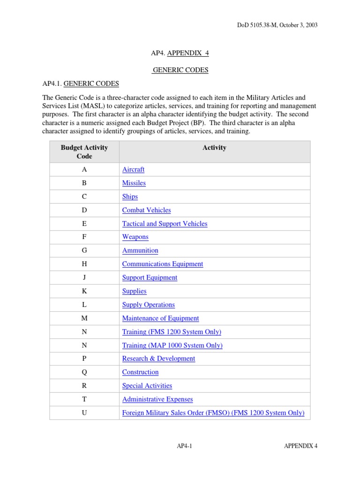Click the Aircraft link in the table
133,170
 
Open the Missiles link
134,183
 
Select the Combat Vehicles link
146,210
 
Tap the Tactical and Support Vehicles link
165,224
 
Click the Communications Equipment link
162,264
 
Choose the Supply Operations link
148,305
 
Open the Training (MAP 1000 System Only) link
172,345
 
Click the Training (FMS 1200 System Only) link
172,332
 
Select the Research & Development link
158,359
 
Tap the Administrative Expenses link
157,399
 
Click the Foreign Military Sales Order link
213,413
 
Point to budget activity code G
84,251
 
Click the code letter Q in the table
84,372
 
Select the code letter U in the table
84,413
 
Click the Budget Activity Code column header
84,152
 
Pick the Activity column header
214,148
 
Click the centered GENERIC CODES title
180,70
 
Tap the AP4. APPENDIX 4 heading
180,53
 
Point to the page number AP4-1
180,446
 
